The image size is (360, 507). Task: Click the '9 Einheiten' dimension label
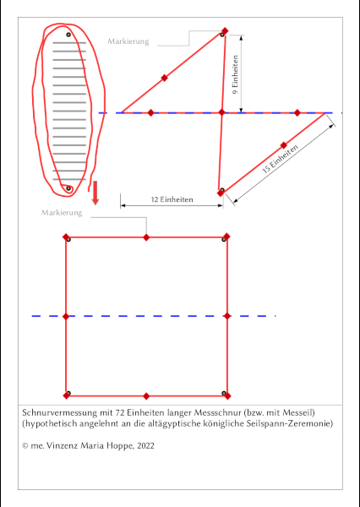point(236,74)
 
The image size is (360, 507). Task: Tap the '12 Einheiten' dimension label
point(172,199)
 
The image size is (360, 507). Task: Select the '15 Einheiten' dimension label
point(280,160)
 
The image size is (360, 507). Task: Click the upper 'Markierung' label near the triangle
point(128,41)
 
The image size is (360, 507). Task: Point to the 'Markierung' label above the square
point(62,213)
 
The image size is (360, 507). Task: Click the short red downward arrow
point(95,193)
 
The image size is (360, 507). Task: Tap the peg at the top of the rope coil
point(68,35)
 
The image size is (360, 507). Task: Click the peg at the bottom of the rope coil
point(68,188)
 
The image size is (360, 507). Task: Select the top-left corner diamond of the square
point(66,237)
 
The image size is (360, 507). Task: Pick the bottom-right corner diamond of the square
point(227,395)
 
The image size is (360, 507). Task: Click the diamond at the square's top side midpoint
point(146,237)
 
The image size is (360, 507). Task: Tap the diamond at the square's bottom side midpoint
point(146,396)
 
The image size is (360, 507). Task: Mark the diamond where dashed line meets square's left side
point(66,316)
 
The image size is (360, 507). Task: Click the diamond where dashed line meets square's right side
point(227,316)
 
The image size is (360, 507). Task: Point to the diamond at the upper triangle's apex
point(225,30)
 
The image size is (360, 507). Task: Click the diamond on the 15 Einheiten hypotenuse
point(284,145)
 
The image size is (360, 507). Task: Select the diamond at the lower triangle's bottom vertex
point(221,193)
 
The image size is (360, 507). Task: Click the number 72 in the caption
point(120,413)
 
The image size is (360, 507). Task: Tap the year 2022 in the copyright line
point(145,446)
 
